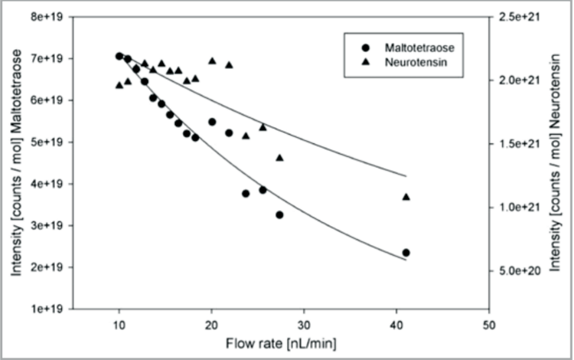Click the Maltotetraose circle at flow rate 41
click(x=406, y=253)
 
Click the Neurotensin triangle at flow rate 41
click(x=406, y=197)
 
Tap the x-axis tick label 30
click(x=304, y=323)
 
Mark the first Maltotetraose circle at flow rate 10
click(x=119, y=56)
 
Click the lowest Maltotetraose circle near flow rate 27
click(x=279, y=215)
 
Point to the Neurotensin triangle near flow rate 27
click(x=279, y=158)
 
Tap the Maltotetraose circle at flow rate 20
click(x=212, y=122)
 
